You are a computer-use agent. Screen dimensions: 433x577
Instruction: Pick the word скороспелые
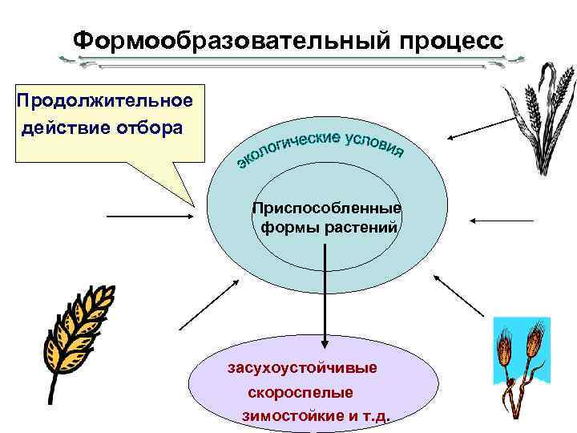click(x=300, y=393)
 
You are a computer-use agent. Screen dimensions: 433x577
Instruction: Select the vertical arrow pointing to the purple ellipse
click(x=325, y=293)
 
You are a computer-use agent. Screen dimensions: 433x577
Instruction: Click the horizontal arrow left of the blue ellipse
click(x=150, y=216)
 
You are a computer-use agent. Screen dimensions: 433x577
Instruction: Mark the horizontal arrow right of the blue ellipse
click(x=503, y=219)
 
